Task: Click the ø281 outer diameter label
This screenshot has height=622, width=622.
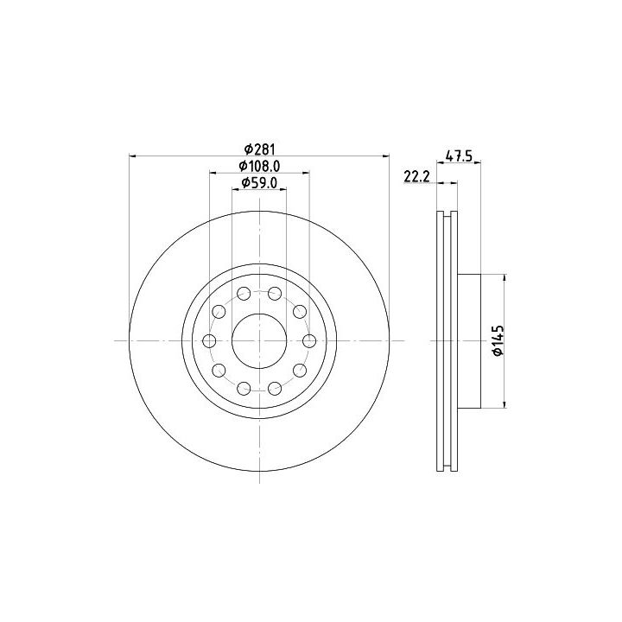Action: coord(259,149)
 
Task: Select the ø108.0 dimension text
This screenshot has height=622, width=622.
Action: coord(259,166)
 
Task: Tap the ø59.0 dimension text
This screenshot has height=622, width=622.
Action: coord(259,183)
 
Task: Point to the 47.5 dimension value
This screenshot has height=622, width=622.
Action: coord(459,155)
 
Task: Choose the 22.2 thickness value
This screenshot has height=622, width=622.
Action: coord(417,176)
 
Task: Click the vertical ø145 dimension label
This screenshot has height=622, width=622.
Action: coord(498,340)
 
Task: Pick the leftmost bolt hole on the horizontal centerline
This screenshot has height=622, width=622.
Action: coord(209,340)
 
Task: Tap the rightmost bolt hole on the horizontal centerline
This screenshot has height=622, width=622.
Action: coord(309,340)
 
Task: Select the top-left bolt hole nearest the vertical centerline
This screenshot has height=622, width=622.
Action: coord(244,294)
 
